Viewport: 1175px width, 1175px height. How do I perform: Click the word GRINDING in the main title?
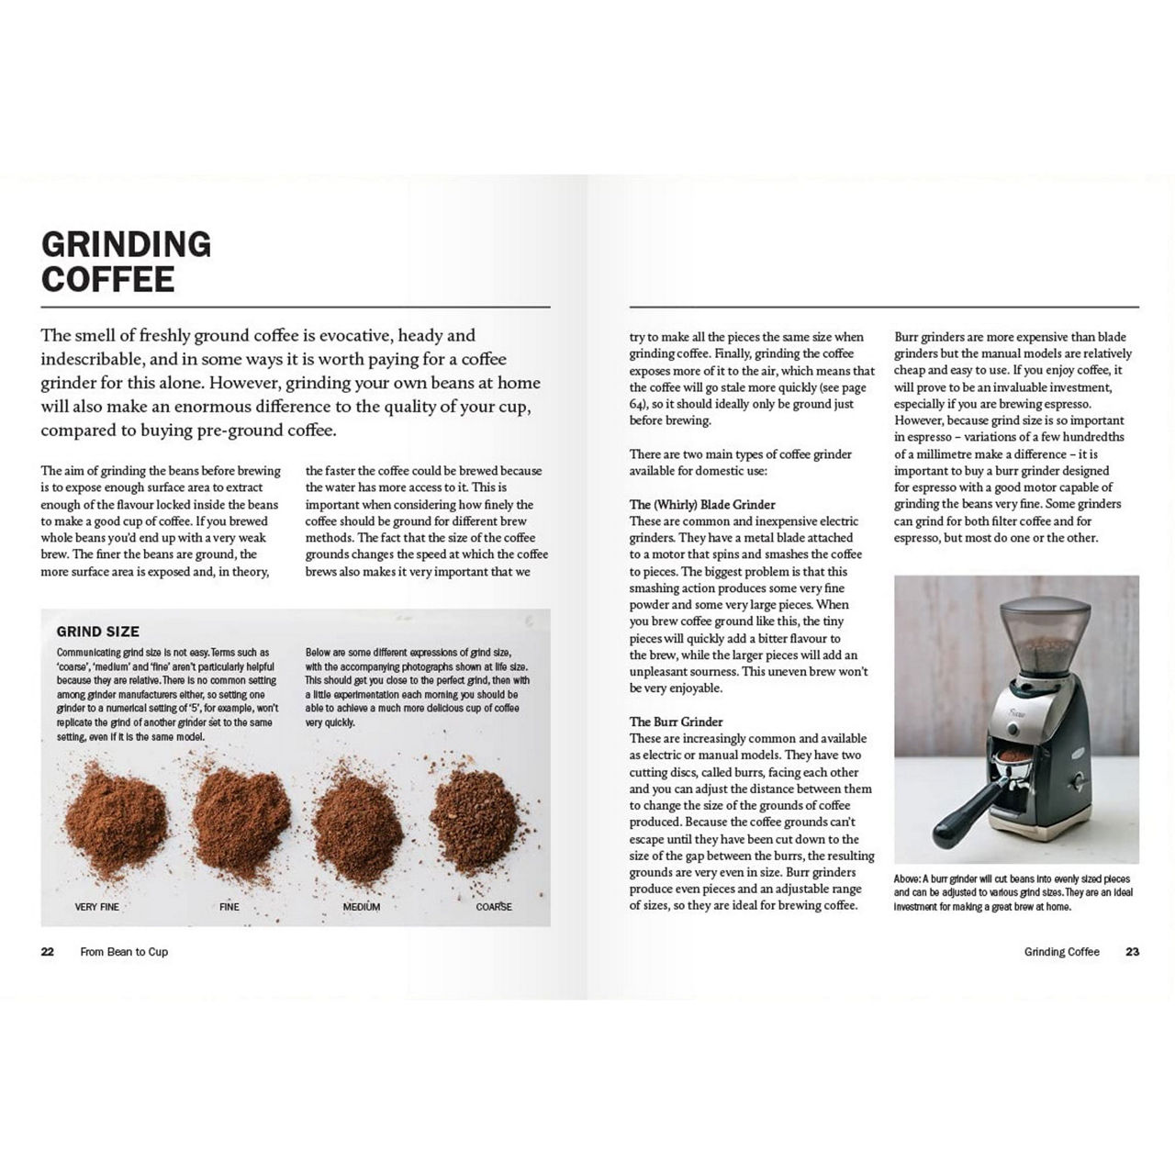point(127,244)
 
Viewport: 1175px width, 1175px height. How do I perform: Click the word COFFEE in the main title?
point(108,279)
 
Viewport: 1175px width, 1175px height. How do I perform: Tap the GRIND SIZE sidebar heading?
point(98,632)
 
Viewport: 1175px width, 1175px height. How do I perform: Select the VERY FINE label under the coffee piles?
point(97,907)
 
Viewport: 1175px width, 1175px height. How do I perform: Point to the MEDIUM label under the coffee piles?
point(361,907)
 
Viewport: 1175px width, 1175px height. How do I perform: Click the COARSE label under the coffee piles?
point(493,907)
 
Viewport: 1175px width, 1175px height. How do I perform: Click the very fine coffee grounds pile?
point(115,812)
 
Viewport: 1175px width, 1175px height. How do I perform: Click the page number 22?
point(48,952)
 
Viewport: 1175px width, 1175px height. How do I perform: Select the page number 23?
point(1132,952)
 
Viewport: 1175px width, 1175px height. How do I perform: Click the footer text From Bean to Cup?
point(124,952)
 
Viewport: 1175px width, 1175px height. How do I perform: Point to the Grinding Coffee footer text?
point(1061,952)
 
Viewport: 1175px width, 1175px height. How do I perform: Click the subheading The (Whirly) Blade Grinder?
point(702,505)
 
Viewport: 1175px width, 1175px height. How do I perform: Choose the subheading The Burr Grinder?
point(676,722)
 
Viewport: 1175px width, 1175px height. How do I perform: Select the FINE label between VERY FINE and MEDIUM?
point(229,907)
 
